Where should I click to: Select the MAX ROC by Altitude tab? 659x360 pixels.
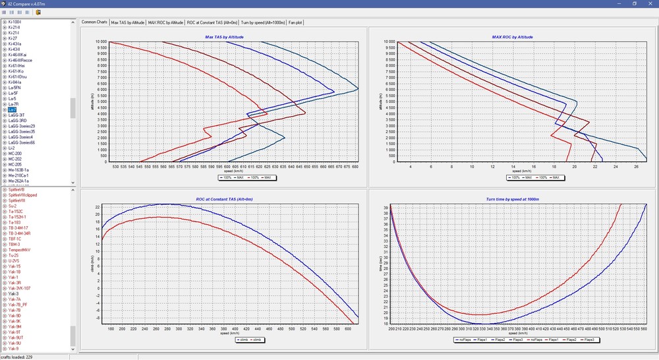166,22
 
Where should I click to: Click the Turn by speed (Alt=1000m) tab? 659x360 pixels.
262,22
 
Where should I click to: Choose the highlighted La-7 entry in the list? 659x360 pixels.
13,110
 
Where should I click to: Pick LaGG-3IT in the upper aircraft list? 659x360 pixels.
17,115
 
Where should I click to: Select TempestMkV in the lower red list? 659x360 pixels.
20,250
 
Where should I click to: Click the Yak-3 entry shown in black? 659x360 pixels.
13,293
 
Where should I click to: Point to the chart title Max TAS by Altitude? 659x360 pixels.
224,38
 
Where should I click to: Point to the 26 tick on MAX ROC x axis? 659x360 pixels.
636,167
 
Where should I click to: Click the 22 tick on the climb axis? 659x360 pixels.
98,206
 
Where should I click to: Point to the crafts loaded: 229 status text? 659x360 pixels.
18,357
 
